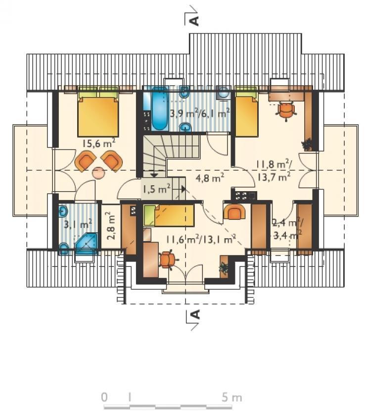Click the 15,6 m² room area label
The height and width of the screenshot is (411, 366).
[99, 143]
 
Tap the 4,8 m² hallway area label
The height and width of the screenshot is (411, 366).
[210, 178]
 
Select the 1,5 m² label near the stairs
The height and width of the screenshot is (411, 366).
[157, 188]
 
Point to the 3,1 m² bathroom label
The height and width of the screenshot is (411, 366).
[78, 224]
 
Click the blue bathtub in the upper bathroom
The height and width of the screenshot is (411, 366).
[159, 109]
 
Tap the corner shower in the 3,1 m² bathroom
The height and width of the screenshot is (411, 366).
[87, 244]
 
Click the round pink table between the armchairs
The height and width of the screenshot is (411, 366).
[98, 173]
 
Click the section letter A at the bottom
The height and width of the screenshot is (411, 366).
[195, 314]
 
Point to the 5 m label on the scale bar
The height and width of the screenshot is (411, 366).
[232, 397]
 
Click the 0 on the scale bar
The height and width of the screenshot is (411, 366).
[104, 397]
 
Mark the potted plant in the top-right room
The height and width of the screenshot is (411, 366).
[307, 145]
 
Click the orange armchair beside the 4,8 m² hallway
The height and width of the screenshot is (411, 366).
[234, 212]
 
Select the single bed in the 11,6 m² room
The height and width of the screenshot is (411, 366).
[169, 216]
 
